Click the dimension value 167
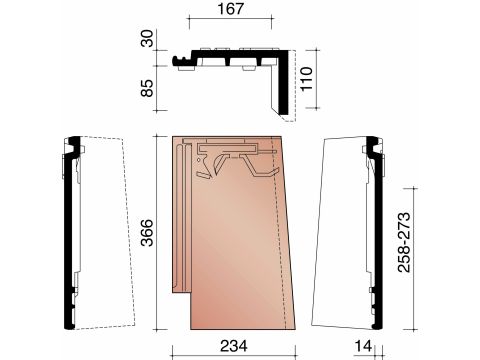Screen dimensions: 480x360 click(x=230, y=9)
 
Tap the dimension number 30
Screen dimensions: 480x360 click(x=147, y=38)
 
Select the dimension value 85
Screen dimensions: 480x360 click(x=147, y=88)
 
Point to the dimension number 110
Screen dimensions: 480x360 click(x=306, y=79)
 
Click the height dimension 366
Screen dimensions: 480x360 click(x=147, y=233)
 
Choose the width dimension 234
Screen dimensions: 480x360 click(x=234, y=346)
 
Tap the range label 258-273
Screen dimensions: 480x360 click(x=404, y=242)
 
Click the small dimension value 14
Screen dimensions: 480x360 click(x=363, y=346)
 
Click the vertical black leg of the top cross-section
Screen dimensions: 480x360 click(x=284, y=83)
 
